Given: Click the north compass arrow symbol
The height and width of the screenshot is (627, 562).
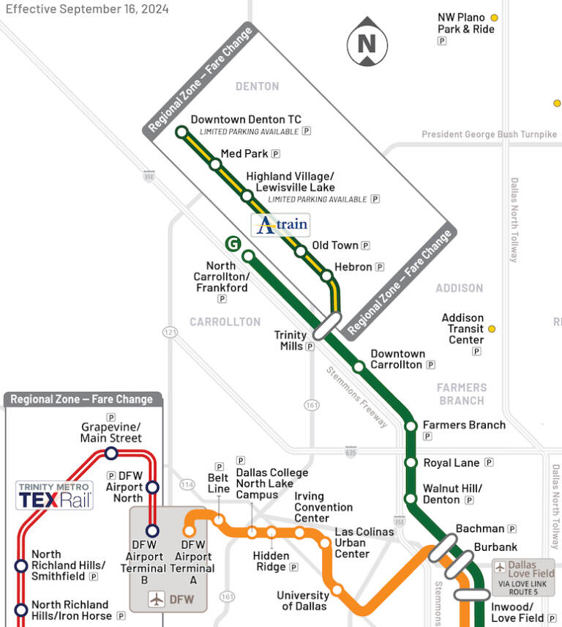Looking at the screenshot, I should [x=367, y=42].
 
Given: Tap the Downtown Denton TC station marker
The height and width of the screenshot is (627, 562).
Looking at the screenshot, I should [x=181, y=132].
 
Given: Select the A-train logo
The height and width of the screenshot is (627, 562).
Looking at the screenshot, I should [x=280, y=225].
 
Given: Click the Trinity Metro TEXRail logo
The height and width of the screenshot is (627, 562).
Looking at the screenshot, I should [x=54, y=495].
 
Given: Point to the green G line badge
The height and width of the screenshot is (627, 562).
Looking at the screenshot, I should [x=232, y=244].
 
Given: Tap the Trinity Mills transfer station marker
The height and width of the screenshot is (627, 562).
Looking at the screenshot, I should [x=327, y=326].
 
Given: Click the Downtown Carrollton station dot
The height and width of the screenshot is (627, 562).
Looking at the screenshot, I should [x=359, y=366].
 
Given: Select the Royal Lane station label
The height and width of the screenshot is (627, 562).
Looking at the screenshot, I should [x=452, y=463].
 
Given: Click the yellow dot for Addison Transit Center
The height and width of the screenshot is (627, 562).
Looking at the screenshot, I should [x=492, y=329].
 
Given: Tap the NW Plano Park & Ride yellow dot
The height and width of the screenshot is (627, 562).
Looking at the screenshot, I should [x=495, y=18].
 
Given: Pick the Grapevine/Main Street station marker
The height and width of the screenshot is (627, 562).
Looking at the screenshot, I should [x=111, y=453].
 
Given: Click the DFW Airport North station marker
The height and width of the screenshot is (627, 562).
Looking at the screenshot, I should [x=152, y=487].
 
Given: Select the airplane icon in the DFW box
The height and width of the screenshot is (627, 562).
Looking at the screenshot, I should [x=157, y=599].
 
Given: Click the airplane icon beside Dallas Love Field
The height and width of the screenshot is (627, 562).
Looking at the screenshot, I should [x=500, y=566].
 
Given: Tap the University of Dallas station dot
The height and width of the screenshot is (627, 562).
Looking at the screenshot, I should [x=337, y=590].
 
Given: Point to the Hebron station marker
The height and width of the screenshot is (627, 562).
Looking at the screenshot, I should [x=327, y=277].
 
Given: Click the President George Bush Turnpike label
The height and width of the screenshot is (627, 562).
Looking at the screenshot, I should [x=489, y=135].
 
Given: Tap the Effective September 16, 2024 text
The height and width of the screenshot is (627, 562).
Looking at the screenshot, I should [x=87, y=9].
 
